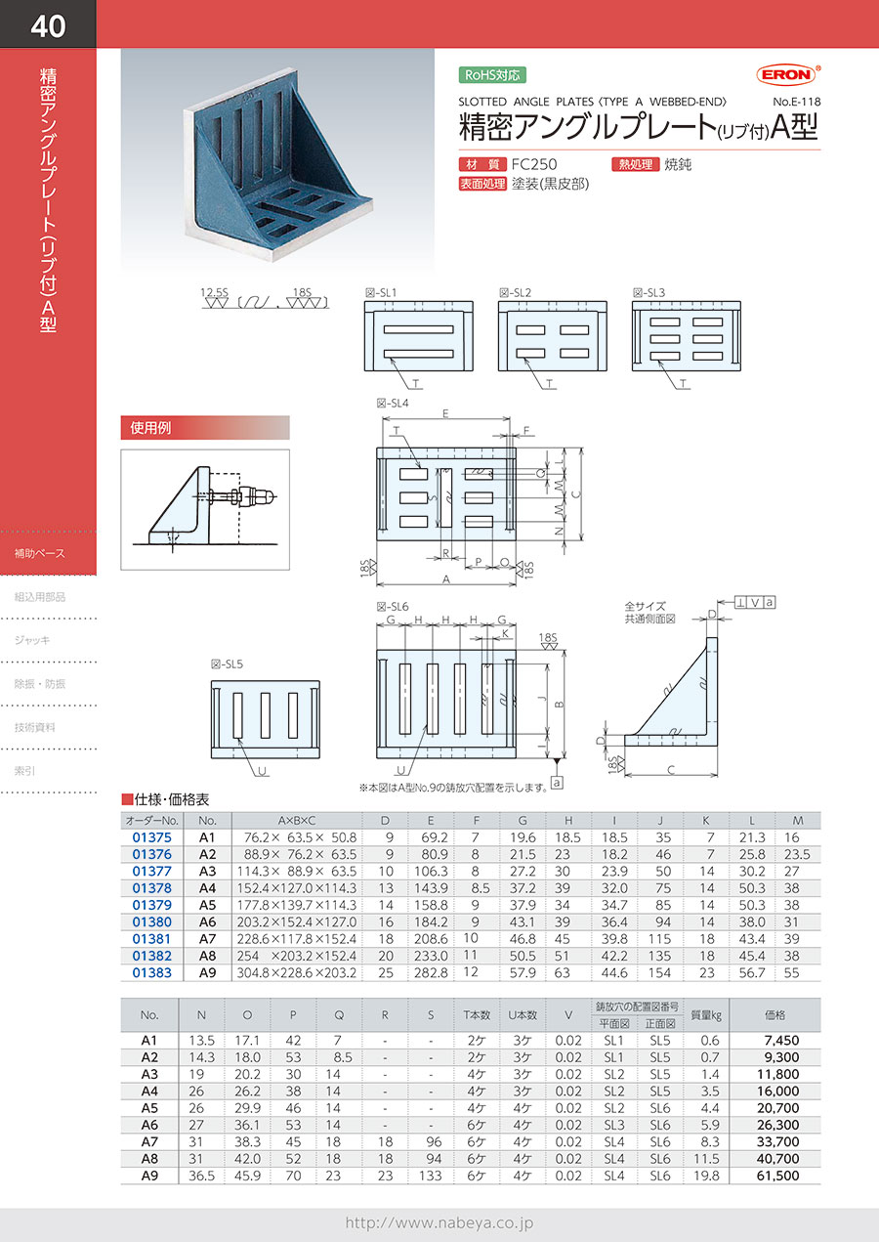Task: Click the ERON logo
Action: [x=787, y=74]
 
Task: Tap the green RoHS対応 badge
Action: [x=492, y=75]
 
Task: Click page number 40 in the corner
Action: [x=48, y=25]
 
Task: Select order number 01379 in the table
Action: [x=151, y=904]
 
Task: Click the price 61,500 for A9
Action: [x=777, y=1175]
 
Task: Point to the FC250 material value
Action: [x=533, y=164]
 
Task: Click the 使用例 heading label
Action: [x=150, y=427]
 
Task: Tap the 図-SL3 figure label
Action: [x=649, y=292]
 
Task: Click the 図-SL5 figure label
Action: [x=227, y=664]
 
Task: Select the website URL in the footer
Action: [x=439, y=1222]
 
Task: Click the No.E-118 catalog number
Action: [x=796, y=102]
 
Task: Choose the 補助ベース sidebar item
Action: [x=39, y=553]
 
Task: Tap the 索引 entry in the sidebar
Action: [x=24, y=771]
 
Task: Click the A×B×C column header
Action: [x=297, y=820]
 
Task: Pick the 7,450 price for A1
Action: [x=781, y=1040]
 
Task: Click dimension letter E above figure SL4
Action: [x=445, y=413]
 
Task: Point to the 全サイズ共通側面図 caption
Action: [x=649, y=612]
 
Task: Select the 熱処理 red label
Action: [x=635, y=164]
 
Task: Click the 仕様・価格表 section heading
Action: [x=166, y=799]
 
